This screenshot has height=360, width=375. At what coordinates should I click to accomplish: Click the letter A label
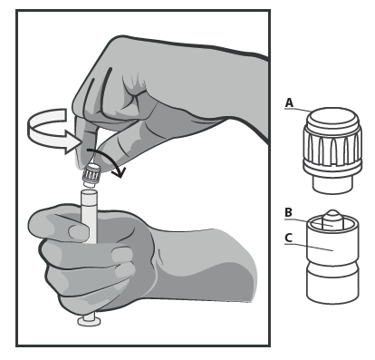pyautogui.click(x=289, y=103)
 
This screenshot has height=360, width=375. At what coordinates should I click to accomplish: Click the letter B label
pyautogui.click(x=288, y=212)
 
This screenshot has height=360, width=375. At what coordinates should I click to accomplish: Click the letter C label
pyautogui.click(x=288, y=238)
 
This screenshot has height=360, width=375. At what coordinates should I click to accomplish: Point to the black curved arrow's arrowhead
pyautogui.click(x=119, y=172)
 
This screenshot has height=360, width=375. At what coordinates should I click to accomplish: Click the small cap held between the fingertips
pyautogui.click(x=91, y=175)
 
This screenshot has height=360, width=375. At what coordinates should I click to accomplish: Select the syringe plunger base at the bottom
pyautogui.click(x=89, y=320)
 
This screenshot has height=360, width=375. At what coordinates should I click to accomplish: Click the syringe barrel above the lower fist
pyautogui.click(x=89, y=216)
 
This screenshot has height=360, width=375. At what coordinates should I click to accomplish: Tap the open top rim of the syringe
pyautogui.click(x=89, y=192)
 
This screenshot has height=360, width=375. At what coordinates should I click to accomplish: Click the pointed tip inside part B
pyautogui.click(x=332, y=215)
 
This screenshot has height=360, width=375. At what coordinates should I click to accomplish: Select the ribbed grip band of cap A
pyautogui.click(x=332, y=149)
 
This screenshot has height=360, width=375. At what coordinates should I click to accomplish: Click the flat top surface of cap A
pyautogui.click(x=332, y=116)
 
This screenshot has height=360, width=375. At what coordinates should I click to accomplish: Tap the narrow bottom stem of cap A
pyautogui.click(x=332, y=184)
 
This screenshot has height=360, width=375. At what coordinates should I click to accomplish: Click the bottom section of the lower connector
pyautogui.click(x=332, y=287)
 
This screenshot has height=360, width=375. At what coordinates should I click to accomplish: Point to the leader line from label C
pyautogui.click(x=309, y=247)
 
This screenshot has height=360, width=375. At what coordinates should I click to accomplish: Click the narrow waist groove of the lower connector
pyautogui.click(x=332, y=266)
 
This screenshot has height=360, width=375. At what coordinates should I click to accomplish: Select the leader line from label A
pyautogui.click(x=297, y=110)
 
